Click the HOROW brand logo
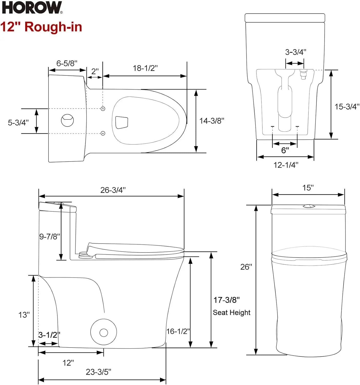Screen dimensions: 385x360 [32, 7]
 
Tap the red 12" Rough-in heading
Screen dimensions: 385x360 [41, 27]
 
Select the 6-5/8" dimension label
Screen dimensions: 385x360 [67, 63]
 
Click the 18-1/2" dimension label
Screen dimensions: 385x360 [145, 68]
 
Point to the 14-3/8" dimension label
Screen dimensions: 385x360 [212, 121]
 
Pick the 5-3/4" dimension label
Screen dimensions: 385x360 [18, 123]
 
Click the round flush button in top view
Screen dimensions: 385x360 [67, 120]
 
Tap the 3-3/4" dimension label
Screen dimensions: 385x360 [296, 52]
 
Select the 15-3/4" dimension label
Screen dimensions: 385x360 [347, 107]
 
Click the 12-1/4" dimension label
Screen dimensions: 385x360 [286, 165]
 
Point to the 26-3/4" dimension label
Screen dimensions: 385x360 [113, 190]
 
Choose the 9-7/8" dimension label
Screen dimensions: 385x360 [49, 236]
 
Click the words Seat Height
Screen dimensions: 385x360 [231, 313]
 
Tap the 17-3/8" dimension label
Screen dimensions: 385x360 [226, 300]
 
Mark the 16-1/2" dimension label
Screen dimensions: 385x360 [178, 331]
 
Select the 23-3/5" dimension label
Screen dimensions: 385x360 [98, 372]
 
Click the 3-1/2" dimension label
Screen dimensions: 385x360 [49, 335]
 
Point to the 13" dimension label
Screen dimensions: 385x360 [24, 315]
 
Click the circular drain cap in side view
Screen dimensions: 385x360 [104, 332]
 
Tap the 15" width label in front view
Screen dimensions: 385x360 [308, 188]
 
